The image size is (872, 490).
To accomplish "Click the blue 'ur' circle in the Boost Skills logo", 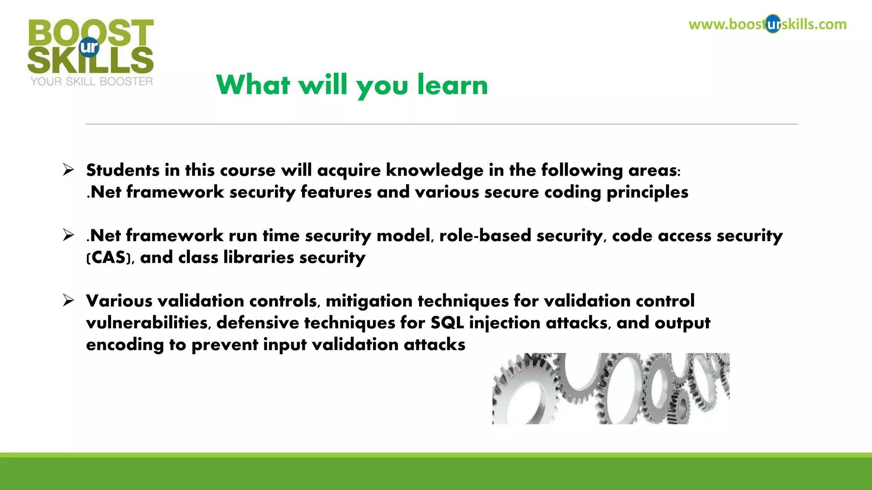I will click(x=89, y=47).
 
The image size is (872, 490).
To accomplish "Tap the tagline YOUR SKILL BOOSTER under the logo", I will click(x=92, y=81).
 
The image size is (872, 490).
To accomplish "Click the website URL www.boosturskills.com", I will click(x=767, y=24).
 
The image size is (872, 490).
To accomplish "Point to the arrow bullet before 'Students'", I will click(x=68, y=170).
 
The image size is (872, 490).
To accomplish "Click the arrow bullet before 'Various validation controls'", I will click(x=68, y=300).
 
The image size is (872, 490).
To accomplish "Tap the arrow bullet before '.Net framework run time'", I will click(x=68, y=235).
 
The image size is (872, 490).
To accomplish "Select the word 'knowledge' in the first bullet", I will click(x=434, y=171).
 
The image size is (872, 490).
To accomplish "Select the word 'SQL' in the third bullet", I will click(x=447, y=323).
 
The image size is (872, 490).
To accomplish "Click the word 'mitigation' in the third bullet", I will click(x=369, y=301).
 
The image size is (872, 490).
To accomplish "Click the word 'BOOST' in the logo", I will click(x=91, y=32).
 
